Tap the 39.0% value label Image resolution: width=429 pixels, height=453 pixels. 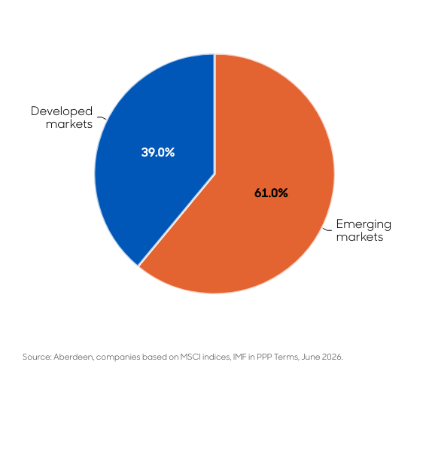click(158, 152)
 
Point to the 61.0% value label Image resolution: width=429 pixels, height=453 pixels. click(271, 193)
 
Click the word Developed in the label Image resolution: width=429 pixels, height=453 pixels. click(62, 111)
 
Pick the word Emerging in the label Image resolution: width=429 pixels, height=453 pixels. click(364, 224)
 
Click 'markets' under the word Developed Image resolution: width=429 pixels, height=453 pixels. click(69, 124)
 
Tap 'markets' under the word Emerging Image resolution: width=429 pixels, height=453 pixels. click(360, 237)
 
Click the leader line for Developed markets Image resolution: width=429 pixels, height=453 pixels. click(102, 118)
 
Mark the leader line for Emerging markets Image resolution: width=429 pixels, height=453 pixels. click(327, 230)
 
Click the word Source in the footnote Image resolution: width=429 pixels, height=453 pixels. click(37, 357)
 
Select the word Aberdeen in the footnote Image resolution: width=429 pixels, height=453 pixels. click(74, 357)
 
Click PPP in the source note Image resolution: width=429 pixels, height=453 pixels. click(264, 357)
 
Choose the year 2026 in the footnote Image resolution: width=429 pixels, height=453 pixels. click(332, 357)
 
